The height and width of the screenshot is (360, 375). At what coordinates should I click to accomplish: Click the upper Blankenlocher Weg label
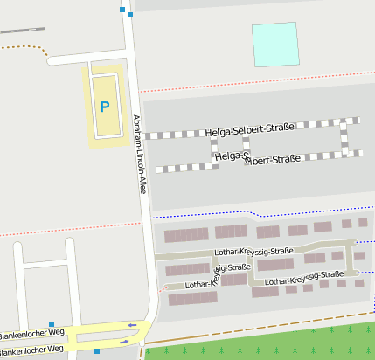click(x=33, y=334)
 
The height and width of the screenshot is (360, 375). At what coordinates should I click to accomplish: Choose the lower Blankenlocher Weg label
click(x=33, y=350)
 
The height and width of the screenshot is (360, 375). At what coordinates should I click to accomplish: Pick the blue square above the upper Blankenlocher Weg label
click(x=52, y=324)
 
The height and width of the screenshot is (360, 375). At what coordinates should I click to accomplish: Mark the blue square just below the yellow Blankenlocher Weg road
click(x=97, y=351)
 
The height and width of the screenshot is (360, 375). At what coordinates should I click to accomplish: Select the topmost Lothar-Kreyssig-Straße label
click(x=253, y=251)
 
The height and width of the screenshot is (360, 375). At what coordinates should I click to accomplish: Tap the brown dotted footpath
click(x=26, y=45)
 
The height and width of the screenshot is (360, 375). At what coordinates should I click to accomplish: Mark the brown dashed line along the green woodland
click(x=262, y=333)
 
